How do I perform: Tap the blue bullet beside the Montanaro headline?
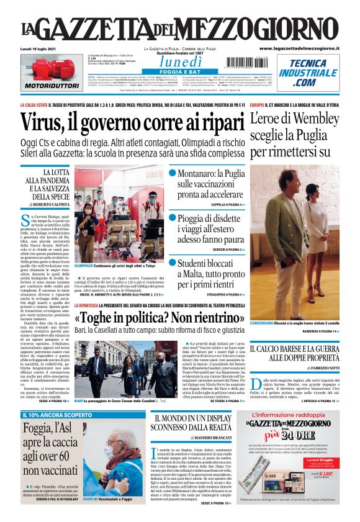[173, 173]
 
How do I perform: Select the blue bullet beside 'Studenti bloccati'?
[173, 263]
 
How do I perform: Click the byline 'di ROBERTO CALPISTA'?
[49, 204]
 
